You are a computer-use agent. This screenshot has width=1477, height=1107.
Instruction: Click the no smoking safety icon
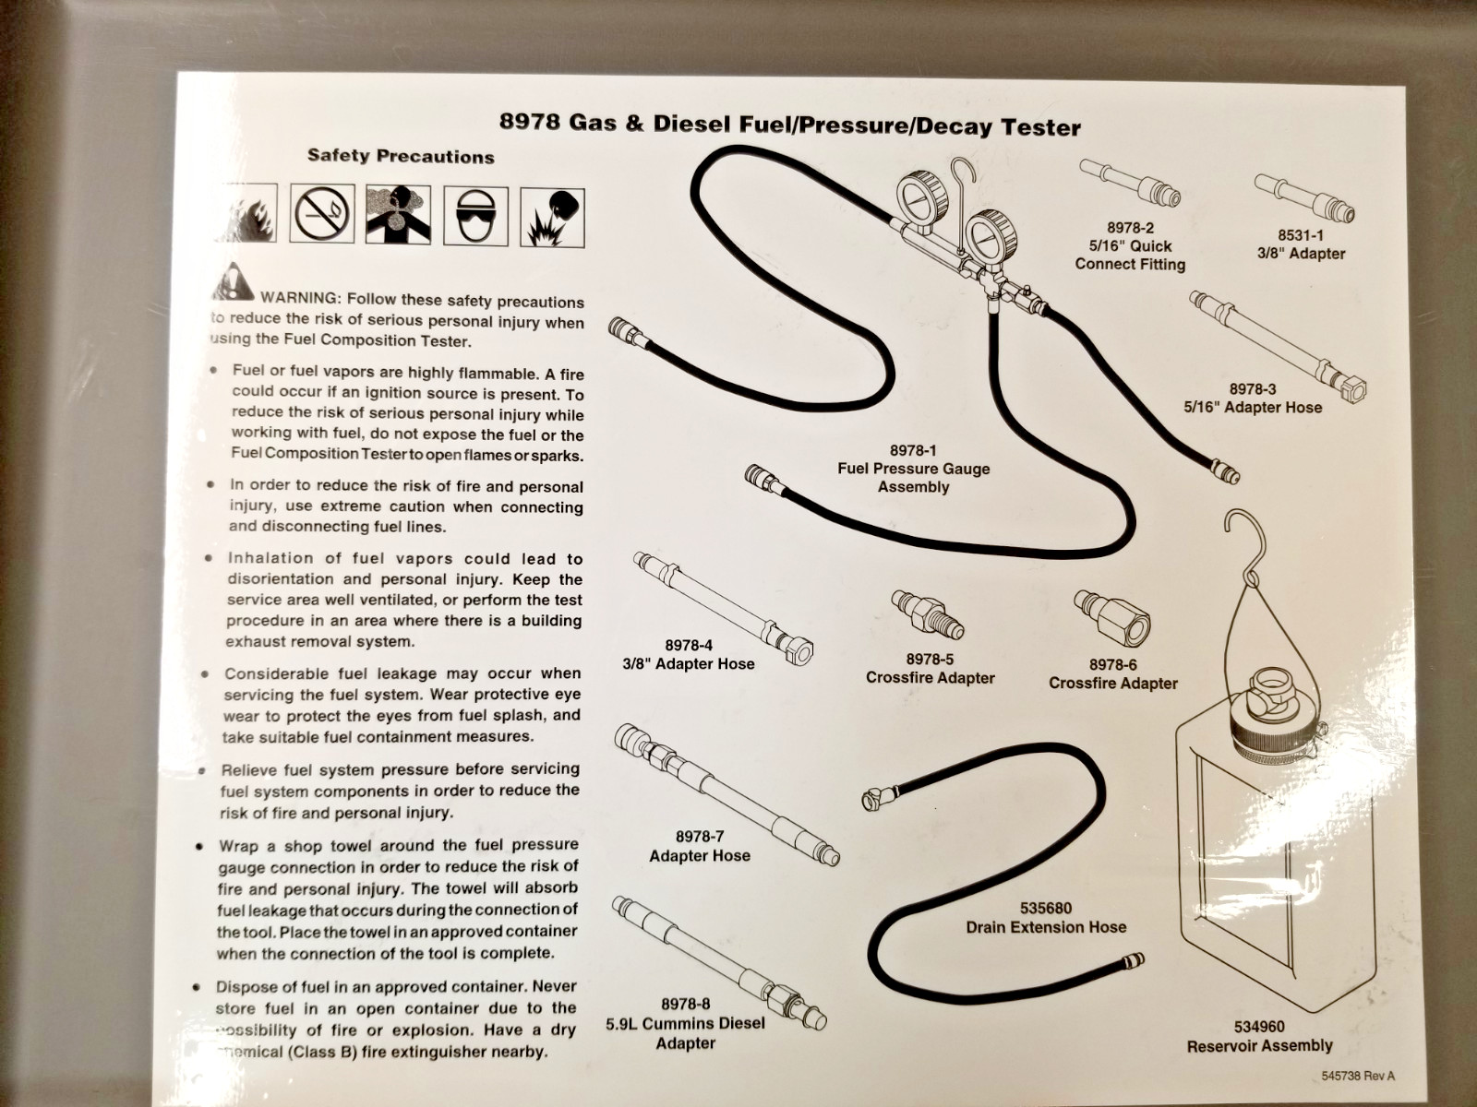322,213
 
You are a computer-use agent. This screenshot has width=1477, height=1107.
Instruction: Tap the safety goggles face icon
475,217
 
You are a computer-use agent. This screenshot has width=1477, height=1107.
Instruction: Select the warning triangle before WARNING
233,281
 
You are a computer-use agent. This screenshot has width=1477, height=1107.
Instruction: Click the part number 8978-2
1130,229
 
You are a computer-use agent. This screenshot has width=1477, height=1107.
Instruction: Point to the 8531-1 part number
1301,235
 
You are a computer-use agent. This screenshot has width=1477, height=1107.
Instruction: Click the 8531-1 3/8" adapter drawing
1304,197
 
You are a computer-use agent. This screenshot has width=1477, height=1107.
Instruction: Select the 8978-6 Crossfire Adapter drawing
1111,618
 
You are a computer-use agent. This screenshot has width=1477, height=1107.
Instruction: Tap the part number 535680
1046,908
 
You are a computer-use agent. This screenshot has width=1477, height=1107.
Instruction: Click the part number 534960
1259,1027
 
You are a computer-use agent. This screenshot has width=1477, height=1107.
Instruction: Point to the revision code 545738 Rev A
1358,1076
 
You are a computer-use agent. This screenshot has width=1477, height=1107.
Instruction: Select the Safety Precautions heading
401,156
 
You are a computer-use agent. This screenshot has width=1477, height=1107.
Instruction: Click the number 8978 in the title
530,122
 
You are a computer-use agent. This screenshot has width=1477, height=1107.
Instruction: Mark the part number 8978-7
700,836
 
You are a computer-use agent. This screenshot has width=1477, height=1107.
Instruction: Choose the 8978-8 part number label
685,1005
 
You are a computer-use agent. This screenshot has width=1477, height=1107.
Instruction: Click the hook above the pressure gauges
962,202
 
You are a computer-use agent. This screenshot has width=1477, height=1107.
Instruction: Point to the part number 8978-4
689,645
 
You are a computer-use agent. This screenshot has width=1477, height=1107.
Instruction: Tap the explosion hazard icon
552,218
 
